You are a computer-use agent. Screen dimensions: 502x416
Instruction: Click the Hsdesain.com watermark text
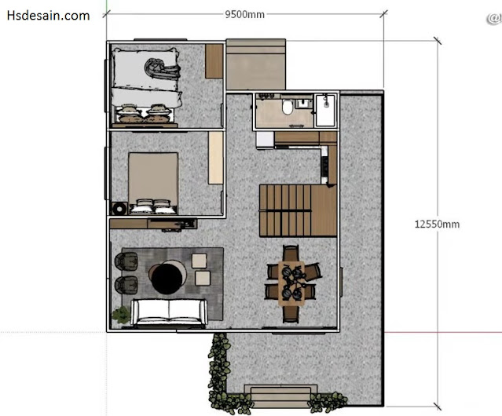pos(48,16)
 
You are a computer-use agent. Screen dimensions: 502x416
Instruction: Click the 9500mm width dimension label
pos(244,14)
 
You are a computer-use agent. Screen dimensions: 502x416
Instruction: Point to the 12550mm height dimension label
pos(437,224)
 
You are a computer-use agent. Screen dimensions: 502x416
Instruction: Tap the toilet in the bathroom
pos(288,107)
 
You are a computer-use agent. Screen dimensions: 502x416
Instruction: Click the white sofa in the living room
pos(168,312)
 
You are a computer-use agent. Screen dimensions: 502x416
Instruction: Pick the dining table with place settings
pos(291,283)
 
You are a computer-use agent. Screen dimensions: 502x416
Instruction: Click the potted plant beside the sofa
pos(121,315)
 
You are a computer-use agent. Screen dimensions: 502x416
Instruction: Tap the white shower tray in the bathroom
pos(325,111)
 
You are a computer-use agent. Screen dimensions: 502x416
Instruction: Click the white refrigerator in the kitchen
pos(265,140)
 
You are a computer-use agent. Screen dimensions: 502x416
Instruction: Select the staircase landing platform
pos(324,210)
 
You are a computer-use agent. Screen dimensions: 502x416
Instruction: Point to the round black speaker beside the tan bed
pos(119,209)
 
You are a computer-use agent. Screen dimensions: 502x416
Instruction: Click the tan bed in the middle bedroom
pos(153,183)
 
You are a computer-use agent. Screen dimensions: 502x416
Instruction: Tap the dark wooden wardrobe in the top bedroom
pos(214,61)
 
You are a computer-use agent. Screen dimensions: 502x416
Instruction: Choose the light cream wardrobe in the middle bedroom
pos(215,158)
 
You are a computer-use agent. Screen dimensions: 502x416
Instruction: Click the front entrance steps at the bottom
pos(280,396)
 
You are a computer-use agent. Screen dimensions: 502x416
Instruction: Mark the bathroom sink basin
pos(302,104)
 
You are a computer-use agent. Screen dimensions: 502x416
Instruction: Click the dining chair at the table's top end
pos(291,253)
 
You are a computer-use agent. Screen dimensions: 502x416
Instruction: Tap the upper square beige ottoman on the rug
pos(199,261)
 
